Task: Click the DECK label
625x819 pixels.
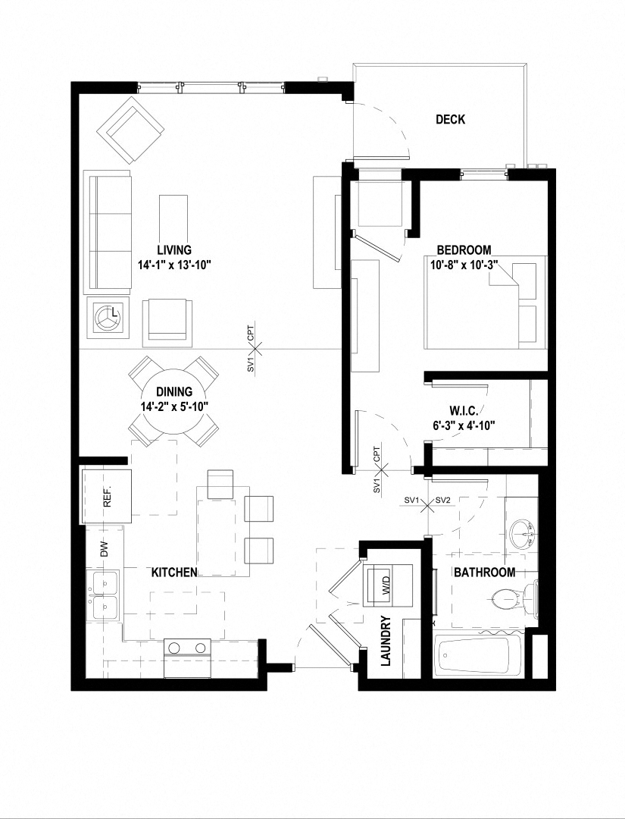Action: tap(450, 120)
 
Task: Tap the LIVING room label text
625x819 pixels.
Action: tap(174, 249)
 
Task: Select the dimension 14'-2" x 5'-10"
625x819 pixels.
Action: tap(174, 406)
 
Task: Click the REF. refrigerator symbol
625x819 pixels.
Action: tap(107, 497)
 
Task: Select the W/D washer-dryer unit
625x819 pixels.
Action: tap(386, 585)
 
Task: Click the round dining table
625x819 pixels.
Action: tap(174, 400)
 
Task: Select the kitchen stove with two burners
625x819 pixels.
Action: tap(187, 649)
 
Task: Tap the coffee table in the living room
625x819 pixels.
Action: tap(173, 215)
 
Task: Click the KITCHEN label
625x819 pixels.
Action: tap(174, 573)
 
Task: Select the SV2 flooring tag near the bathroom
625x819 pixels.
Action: tap(444, 500)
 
